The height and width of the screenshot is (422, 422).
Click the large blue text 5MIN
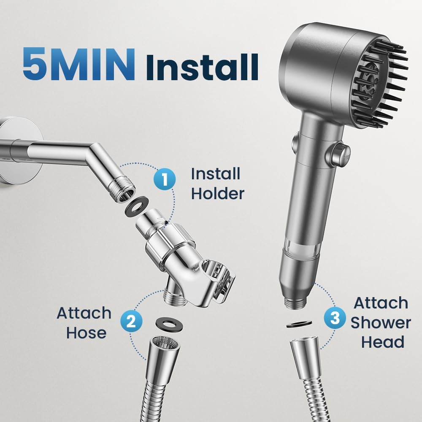pyautogui.click(x=79, y=64)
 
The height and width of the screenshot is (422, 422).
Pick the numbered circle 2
pyautogui.click(x=131, y=322)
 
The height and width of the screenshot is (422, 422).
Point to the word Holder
pyautogui.click(x=217, y=194)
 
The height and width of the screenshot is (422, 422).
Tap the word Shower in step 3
pyautogui.click(x=381, y=322)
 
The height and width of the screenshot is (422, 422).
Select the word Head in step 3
pyautogui.click(x=383, y=342)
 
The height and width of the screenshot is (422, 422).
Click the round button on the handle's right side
pyautogui.click(x=340, y=150)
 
